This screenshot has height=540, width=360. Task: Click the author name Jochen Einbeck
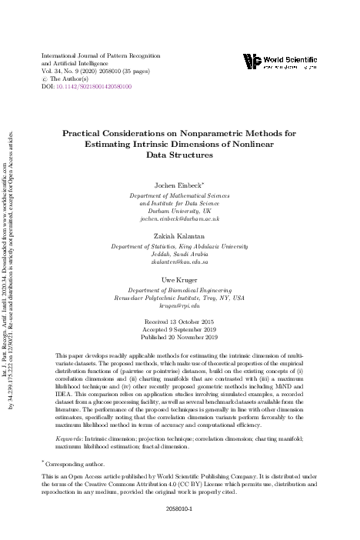178,185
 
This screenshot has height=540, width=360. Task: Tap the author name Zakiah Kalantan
180,237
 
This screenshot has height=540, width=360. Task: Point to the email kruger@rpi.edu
180,305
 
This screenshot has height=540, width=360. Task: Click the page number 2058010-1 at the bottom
179,508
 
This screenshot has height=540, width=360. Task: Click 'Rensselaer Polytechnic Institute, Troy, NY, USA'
180,297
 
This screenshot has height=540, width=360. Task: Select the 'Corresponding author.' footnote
76,465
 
